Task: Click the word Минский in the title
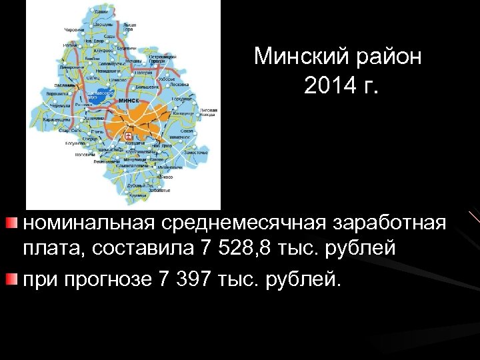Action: coord(297,57)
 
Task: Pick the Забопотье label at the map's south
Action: coord(159,189)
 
